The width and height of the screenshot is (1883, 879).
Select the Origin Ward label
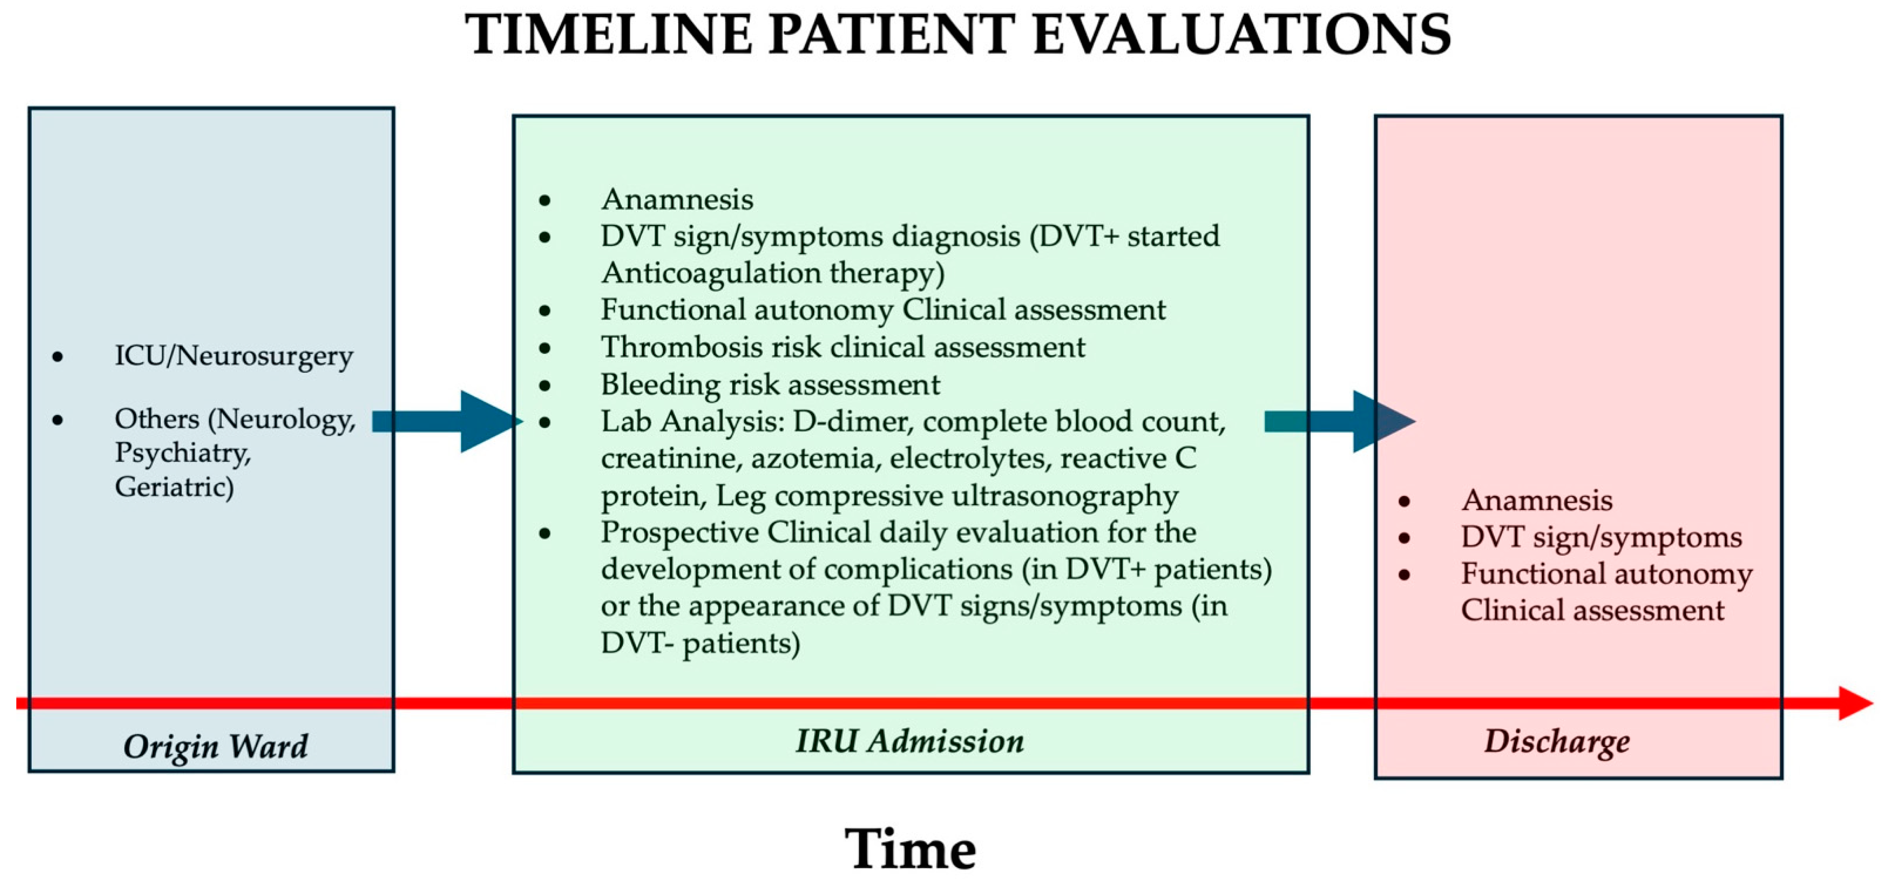coord(216,746)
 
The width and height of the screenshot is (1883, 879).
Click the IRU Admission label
coord(910,741)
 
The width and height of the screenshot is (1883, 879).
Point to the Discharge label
coord(1557,741)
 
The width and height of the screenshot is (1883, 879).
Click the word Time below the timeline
coord(910,848)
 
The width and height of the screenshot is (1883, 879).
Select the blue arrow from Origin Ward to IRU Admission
coord(447,421)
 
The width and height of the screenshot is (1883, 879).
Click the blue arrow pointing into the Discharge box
coord(1340,421)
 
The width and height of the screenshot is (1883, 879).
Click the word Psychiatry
coord(183,453)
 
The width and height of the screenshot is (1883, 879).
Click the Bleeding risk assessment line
coord(770,384)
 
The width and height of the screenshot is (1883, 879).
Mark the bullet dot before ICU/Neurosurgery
coord(58,357)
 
